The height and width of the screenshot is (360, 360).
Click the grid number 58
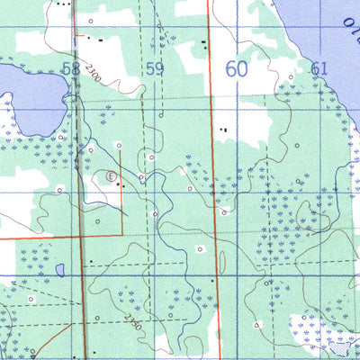[x=72, y=67]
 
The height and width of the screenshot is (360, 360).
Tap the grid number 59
[x=156, y=68]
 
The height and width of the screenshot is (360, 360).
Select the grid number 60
[x=236, y=68]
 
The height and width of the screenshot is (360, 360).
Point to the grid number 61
[x=319, y=68]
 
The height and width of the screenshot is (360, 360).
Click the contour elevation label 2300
[x=91, y=78]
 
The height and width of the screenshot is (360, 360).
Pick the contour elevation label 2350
[x=134, y=319]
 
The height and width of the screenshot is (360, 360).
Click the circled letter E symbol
[x=112, y=177]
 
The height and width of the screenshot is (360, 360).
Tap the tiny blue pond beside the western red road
[x=59, y=269]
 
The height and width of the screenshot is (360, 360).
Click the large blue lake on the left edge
[x=27, y=99]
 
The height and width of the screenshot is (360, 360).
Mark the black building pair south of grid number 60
[x=224, y=130]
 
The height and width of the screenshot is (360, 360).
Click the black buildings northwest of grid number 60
[x=204, y=41]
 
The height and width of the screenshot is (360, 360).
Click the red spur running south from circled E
[x=121, y=207]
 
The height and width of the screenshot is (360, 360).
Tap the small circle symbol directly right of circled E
[x=141, y=177]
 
